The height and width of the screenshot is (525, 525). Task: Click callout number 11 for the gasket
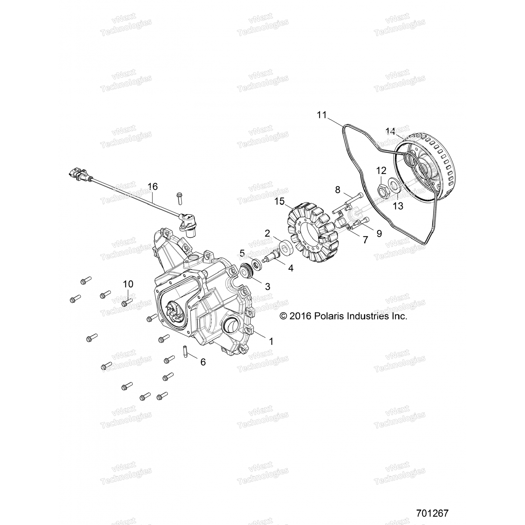click(x=322, y=114)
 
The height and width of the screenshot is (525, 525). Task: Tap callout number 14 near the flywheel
click(x=391, y=132)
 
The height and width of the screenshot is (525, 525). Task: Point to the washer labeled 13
click(x=393, y=184)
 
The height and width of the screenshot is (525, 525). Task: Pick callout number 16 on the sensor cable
click(x=153, y=187)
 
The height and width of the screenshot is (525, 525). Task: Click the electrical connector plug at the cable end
click(x=78, y=174)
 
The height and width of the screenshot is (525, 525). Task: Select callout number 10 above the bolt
click(x=128, y=284)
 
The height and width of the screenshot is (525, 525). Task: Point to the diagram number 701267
click(x=432, y=513)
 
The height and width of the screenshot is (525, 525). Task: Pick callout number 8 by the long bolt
click(x=337, y=190)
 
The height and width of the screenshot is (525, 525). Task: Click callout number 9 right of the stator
click(x=379, y=233)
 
